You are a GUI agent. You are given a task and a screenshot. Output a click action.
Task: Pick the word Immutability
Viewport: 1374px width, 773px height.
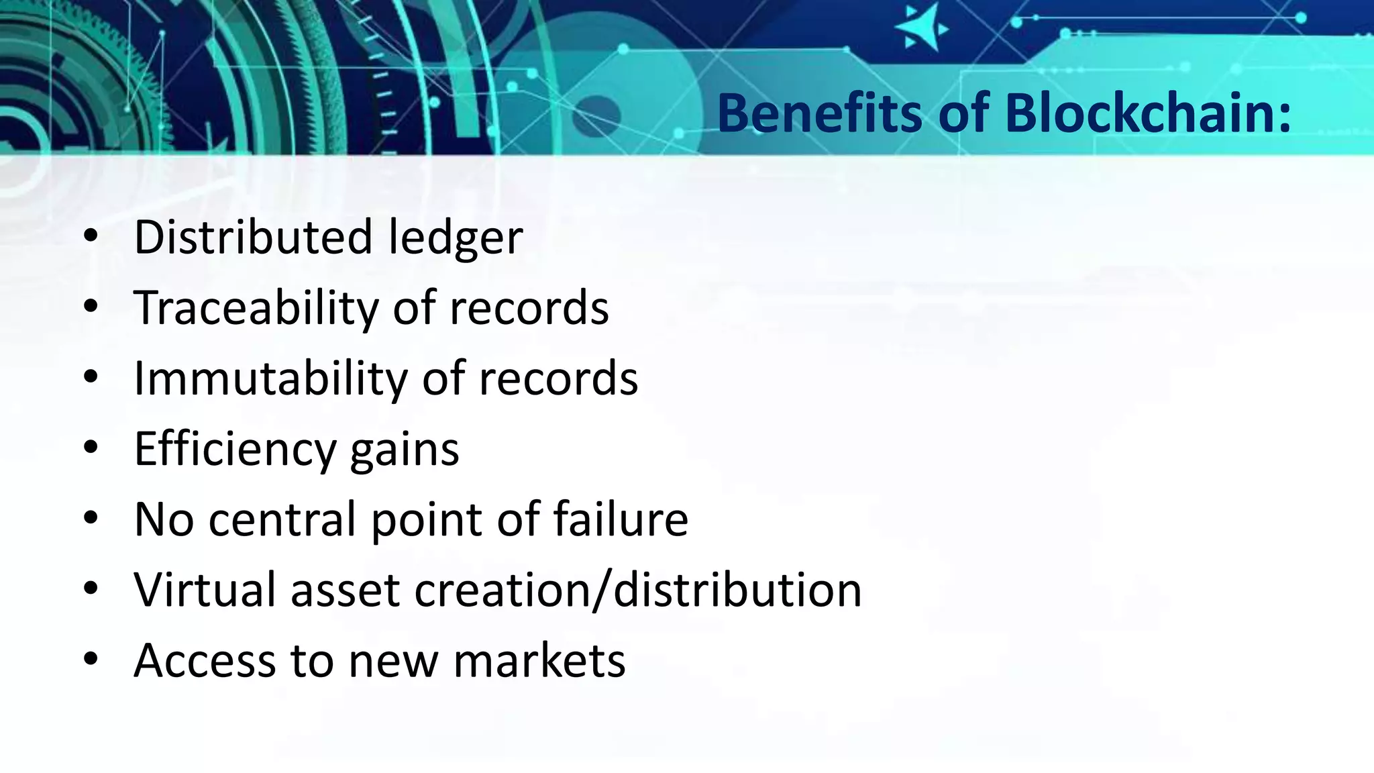(x=270, y=378)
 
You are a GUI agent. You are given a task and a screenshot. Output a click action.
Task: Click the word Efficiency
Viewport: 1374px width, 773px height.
(x=234, y=450)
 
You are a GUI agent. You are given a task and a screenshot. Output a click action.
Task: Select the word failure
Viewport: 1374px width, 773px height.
(x=621, y=519)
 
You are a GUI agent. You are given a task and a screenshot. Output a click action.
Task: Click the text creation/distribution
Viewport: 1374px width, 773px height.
(x=637, y=590)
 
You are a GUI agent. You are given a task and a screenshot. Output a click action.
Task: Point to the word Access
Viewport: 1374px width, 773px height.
(x=205, y=660)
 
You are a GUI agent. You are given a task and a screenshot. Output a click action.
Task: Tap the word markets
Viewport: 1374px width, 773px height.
(x=539, y=660)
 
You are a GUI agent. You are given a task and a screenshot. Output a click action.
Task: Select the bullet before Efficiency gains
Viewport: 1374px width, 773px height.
(x=91, y=448)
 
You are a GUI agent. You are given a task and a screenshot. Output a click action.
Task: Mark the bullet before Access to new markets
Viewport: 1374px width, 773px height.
(x=91, y=659)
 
